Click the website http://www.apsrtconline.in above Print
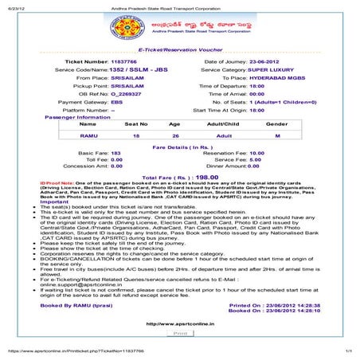(x=180, y=324)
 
